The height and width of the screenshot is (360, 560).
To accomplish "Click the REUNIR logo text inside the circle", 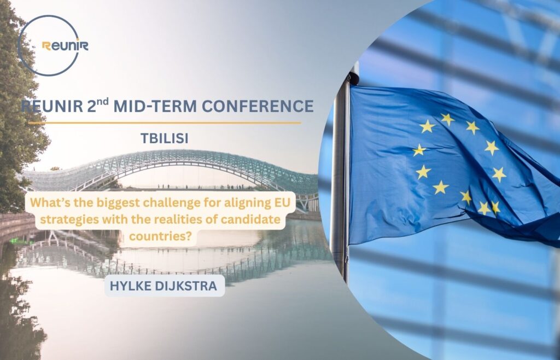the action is coord(65,46).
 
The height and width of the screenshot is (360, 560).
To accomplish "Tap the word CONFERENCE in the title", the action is coord(258,106).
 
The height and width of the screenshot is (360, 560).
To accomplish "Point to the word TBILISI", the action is coord(164,138).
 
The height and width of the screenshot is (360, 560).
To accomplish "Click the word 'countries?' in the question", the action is coord(160,236).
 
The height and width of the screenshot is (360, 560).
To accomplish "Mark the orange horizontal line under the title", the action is coord(164,123).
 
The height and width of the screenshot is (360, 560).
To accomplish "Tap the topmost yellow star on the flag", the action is coord(447,119).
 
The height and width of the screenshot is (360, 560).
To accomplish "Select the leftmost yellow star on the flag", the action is coord(419,150).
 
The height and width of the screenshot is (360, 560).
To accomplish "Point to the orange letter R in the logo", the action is coord(46,46).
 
